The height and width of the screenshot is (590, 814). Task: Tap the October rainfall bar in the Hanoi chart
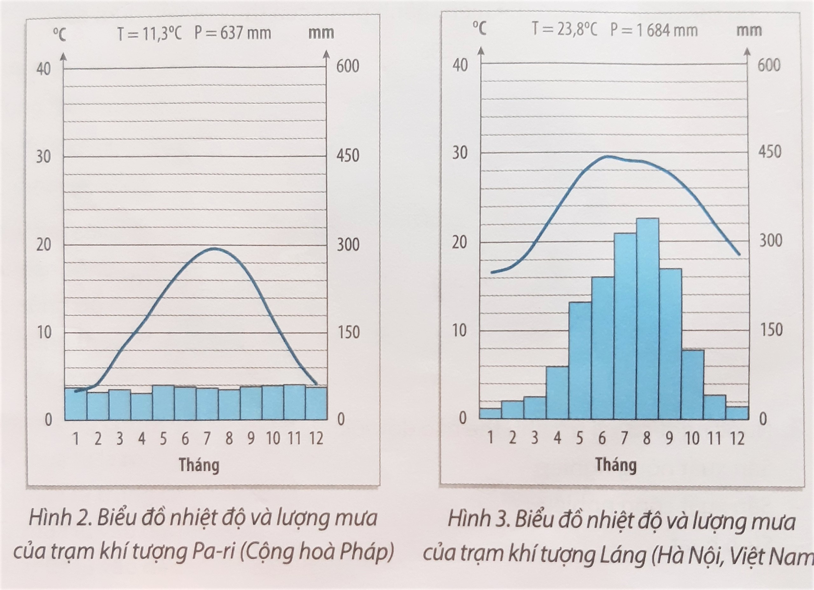click(x=692, y=384)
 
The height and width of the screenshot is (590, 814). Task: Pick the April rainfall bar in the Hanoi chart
click(x=557, y=393)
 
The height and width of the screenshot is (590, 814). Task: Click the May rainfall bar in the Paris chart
click(x=163, y=402)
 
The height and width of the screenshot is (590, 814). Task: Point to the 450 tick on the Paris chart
click(x=348, y=156)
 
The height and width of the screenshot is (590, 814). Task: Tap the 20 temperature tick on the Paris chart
click(x=44, y=245)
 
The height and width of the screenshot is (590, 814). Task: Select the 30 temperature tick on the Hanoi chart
click(x=460, y=153)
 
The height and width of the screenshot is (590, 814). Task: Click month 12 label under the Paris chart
click(x=316, y=439)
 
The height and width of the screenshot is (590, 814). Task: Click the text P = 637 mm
click(x=232, y=33)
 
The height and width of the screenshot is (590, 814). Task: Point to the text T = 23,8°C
click(x=564, y=30)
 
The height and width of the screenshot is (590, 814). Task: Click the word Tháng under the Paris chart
click(x=199, y=465)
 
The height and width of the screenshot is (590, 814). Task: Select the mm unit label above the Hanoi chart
click(x=749, y=30)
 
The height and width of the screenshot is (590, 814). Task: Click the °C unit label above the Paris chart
click(x=59, y=35)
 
